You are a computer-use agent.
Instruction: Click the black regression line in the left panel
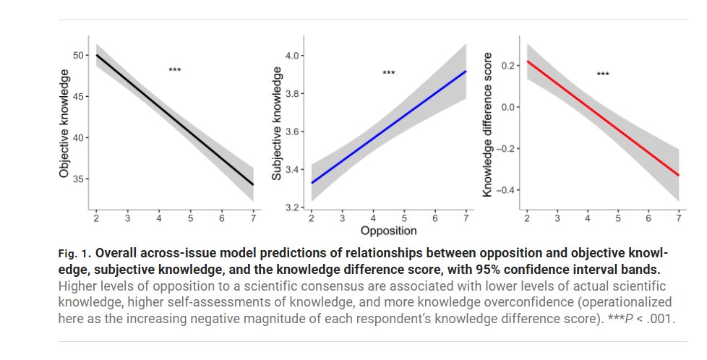pyautogui.click(x=173, y=119)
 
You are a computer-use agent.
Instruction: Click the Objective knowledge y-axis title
pyautogui.click(x=64, y=124)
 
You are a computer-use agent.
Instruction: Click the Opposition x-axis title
pyautogui.click(x=388, y=231)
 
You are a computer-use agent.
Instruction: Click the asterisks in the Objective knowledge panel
pyautogui.click(x=174, y=70)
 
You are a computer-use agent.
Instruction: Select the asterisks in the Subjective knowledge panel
pyautogui.click(x=389, y=73)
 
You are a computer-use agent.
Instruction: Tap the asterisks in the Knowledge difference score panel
pyautogui.click(x=603, y=74)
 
